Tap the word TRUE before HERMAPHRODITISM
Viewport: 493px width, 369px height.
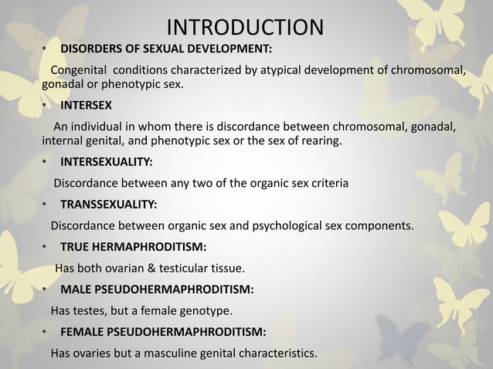coord(75,248)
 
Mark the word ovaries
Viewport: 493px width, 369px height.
coord(94,354)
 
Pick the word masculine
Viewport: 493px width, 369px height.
coord(185,354)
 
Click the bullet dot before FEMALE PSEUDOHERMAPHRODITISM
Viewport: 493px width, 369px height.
coord(45,333)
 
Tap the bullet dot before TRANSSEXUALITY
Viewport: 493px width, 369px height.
coord(45,205)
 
